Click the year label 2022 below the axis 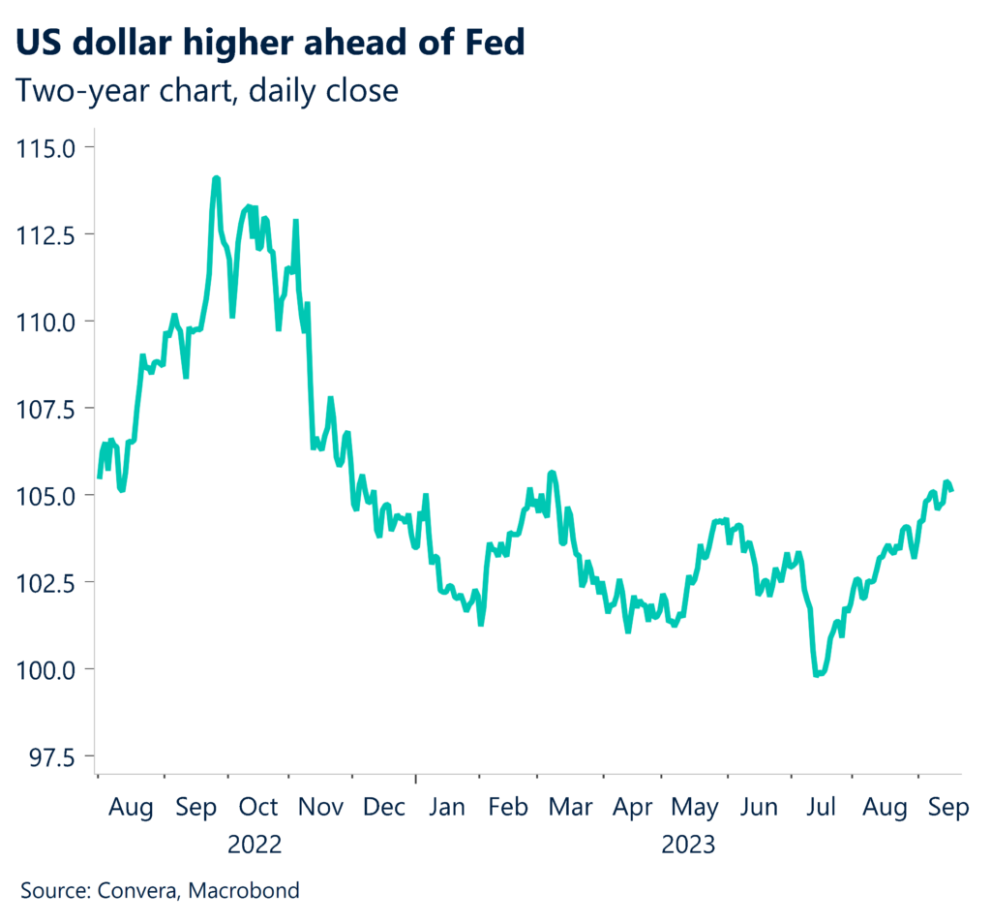pos(255,845)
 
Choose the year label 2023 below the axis pos(688,845)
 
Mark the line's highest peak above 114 pos(216,178)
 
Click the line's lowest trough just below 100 pos(819,674)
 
